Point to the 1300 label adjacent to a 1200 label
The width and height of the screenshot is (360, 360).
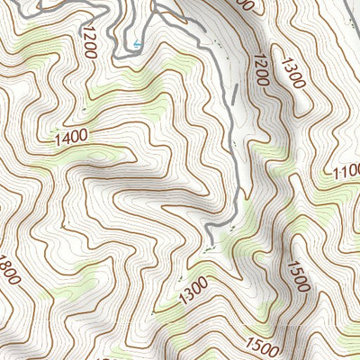[293, 73]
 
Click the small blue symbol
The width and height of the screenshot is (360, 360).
[137, 42]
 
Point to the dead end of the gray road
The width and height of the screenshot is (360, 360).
[208, 243]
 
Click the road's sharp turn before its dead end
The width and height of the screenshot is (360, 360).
[212, 224]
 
